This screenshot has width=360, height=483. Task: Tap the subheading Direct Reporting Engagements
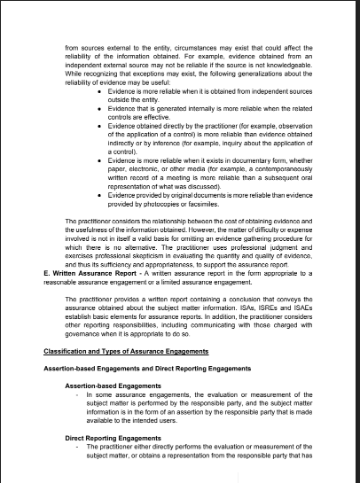point(113,438)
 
